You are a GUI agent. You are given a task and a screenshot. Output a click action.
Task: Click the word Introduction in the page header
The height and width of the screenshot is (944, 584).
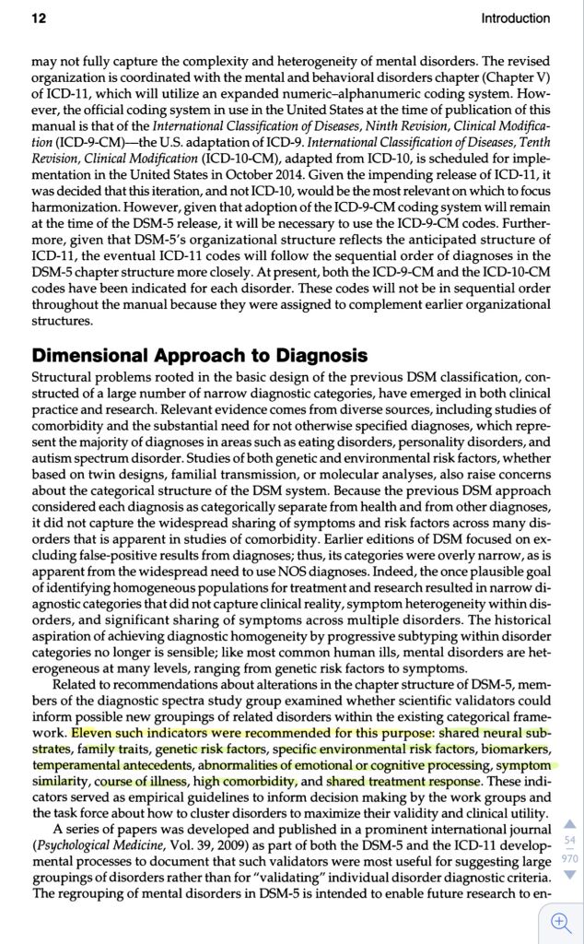coord(515,18)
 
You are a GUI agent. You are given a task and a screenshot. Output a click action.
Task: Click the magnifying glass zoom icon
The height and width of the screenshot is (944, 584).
coord(560,921)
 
